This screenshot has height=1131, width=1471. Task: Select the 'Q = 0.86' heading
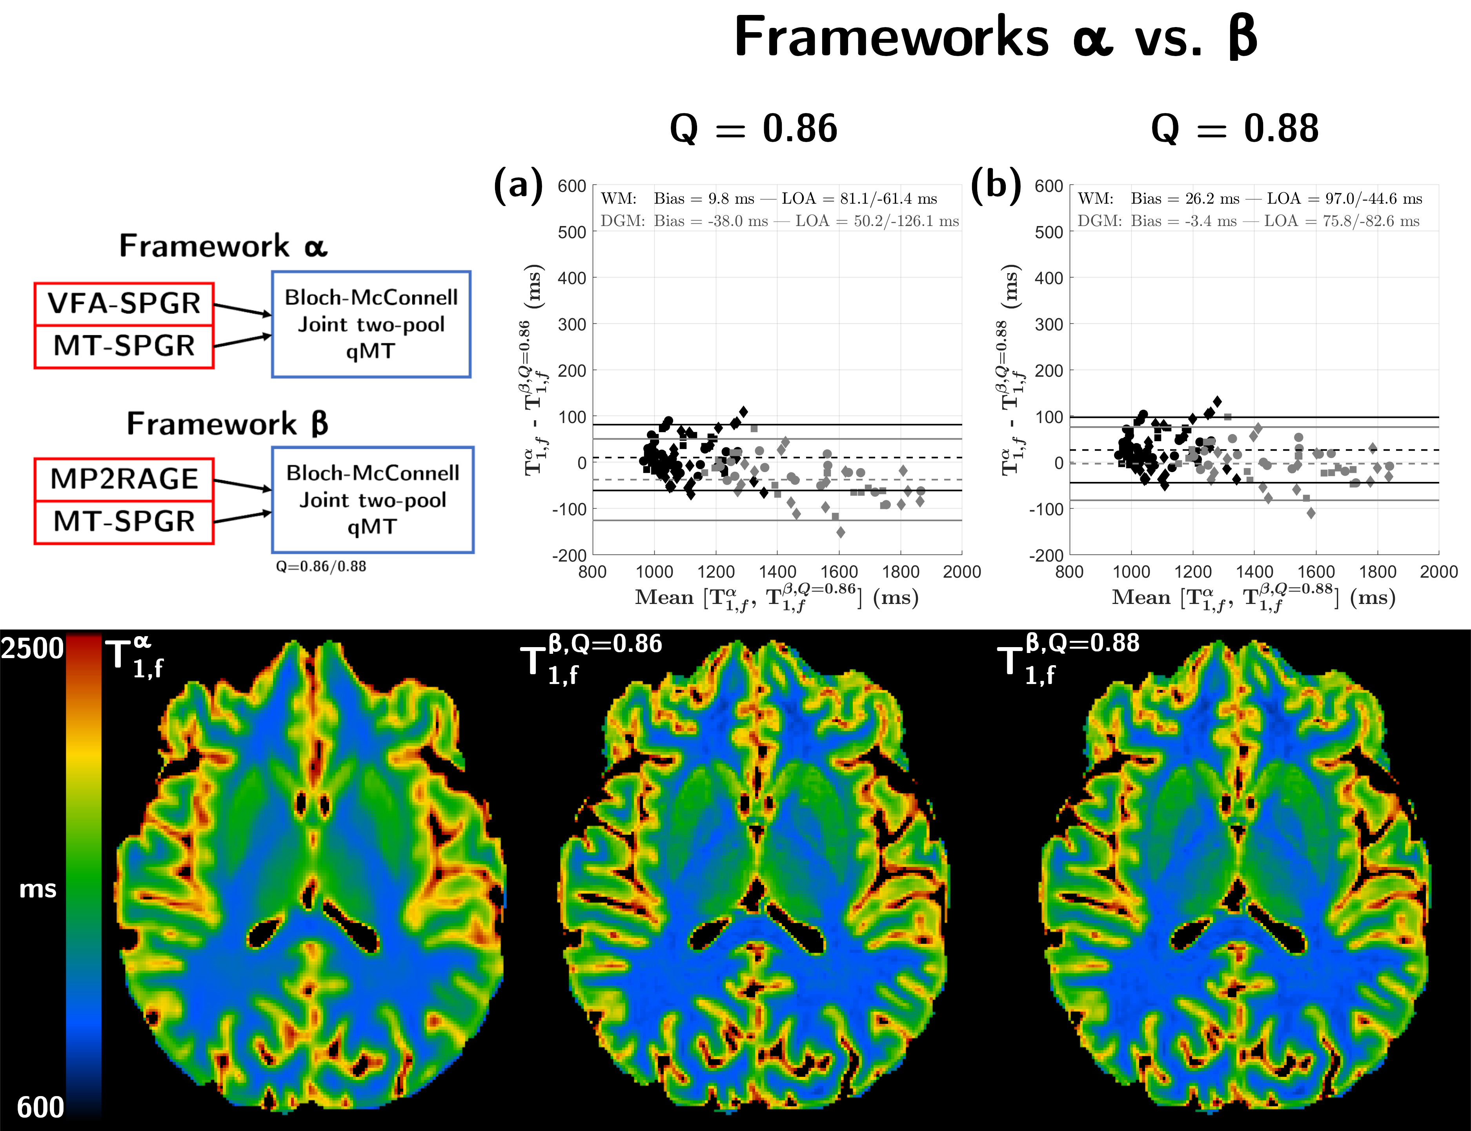click(x=753, y=129)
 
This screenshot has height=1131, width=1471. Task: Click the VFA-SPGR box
click(x=124, y=304)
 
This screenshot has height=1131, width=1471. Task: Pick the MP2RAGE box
click(x=124, y=479)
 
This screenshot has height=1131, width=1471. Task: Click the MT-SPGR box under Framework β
click(x=124, y=522)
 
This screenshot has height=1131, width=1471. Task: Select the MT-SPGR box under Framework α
click(x=124, y=346)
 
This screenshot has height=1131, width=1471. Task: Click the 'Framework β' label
click(x=227, y=424)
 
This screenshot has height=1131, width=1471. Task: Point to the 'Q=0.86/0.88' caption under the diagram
click(x=321, y=566)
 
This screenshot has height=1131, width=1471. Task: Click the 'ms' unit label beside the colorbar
click(x=38, y=889)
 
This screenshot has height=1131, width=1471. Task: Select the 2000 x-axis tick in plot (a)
click(x=961, y=572)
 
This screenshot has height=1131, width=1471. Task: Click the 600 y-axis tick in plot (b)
click(x=1049, y=186)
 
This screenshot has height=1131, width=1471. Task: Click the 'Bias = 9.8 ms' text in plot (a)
click(x=704, y=199)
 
